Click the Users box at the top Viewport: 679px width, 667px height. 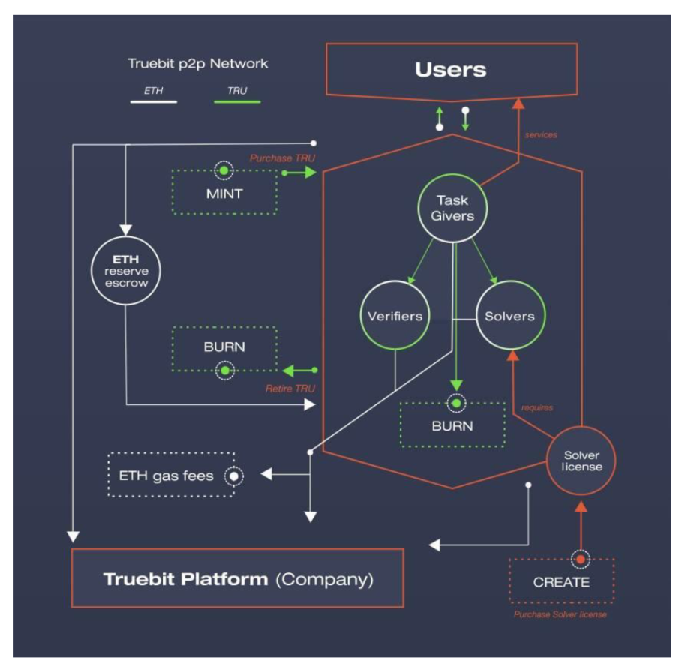451,71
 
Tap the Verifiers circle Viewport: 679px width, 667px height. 395,316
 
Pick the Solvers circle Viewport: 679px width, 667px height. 510,316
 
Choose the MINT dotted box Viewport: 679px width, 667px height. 224,194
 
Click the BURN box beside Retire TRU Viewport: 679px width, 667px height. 224,348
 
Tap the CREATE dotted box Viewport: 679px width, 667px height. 561,581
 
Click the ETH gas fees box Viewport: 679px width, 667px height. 171,475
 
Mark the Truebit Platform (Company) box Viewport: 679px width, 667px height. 237,578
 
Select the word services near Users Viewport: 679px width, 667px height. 541,135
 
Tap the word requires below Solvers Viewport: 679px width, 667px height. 537,408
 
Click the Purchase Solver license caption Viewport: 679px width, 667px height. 560,615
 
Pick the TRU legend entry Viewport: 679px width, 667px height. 237,92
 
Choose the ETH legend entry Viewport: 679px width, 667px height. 153,92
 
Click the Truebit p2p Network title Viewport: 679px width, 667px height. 197,63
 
